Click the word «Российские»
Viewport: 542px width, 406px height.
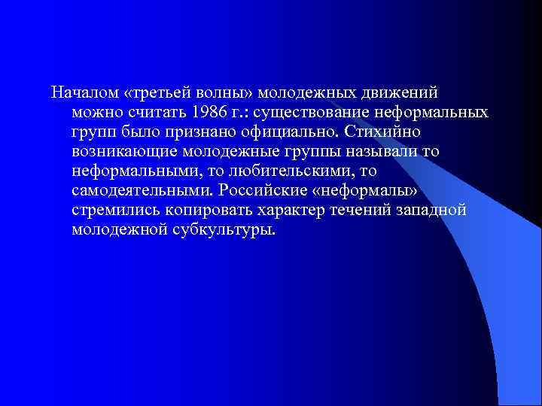(254, 191)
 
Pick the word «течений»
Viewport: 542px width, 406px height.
(364, 211)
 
